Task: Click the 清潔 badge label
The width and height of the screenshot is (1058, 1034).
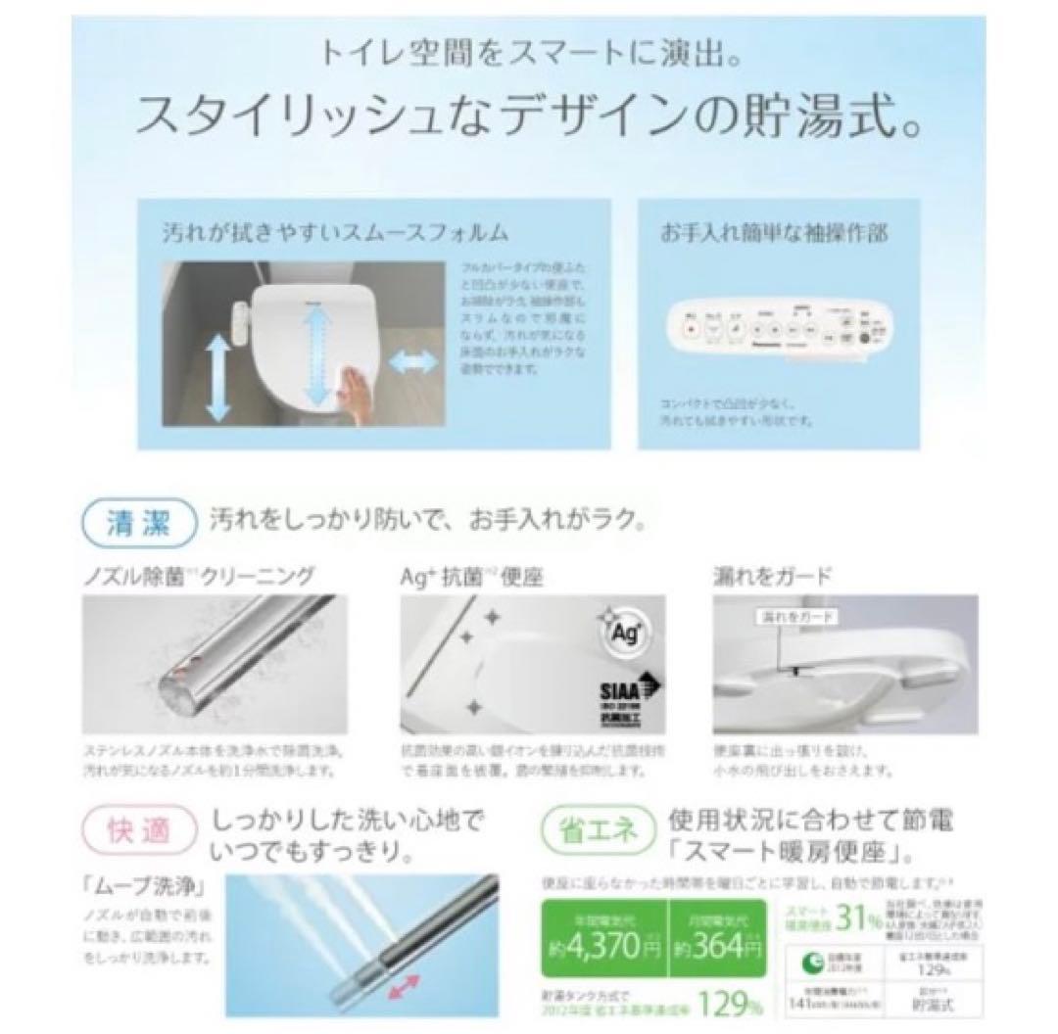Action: [x=139, y=521]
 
